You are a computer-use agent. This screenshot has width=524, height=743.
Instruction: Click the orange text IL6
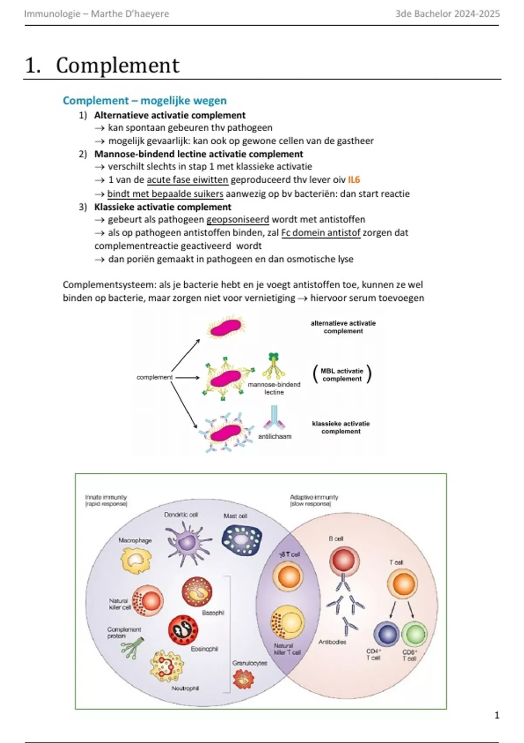(x=354, y=180)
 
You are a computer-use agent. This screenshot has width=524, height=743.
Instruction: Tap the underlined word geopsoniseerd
(x=238, y=219)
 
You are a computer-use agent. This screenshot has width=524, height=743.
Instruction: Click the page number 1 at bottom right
(x=496, y=715)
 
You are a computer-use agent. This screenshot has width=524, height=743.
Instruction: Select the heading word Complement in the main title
(x=117, y=66)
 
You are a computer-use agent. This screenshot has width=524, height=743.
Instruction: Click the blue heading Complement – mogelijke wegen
(x=145, y=101)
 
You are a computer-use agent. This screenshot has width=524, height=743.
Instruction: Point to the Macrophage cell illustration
(x=136, y=560)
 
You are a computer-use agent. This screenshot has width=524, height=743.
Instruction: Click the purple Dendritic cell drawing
(x=188, y=542)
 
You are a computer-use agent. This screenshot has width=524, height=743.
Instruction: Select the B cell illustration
(x=345, y=561)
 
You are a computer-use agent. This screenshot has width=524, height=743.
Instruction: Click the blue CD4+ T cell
(x=386, y=634)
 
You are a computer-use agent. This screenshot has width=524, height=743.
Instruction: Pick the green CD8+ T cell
(x=414, y=634)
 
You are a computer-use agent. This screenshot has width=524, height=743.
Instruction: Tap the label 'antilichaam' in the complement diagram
(x=275, y=436)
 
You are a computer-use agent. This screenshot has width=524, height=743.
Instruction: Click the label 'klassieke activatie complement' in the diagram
(x=341, y=427)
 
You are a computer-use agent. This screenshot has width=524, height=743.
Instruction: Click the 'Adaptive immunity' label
(x=314, y=497)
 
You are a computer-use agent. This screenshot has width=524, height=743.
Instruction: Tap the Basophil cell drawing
(x=197, y=592)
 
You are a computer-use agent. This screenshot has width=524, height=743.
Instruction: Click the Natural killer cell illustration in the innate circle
(x=148, y=601)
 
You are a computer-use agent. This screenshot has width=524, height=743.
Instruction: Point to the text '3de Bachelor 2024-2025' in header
(x=447, y=14)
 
